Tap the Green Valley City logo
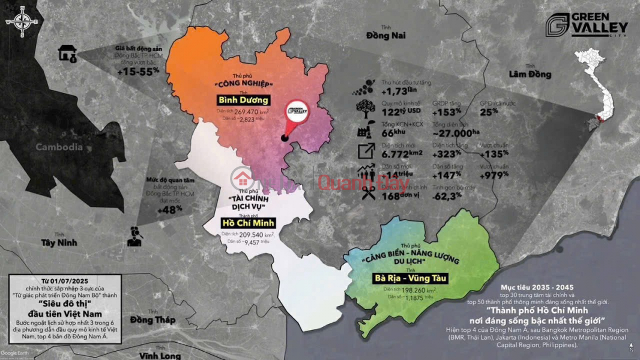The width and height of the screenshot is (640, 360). pos(588,28)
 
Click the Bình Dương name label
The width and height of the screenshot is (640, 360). pos(244,100)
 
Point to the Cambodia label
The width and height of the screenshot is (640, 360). pos(59,147)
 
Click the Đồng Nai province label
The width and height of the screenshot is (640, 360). pos(385,35)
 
